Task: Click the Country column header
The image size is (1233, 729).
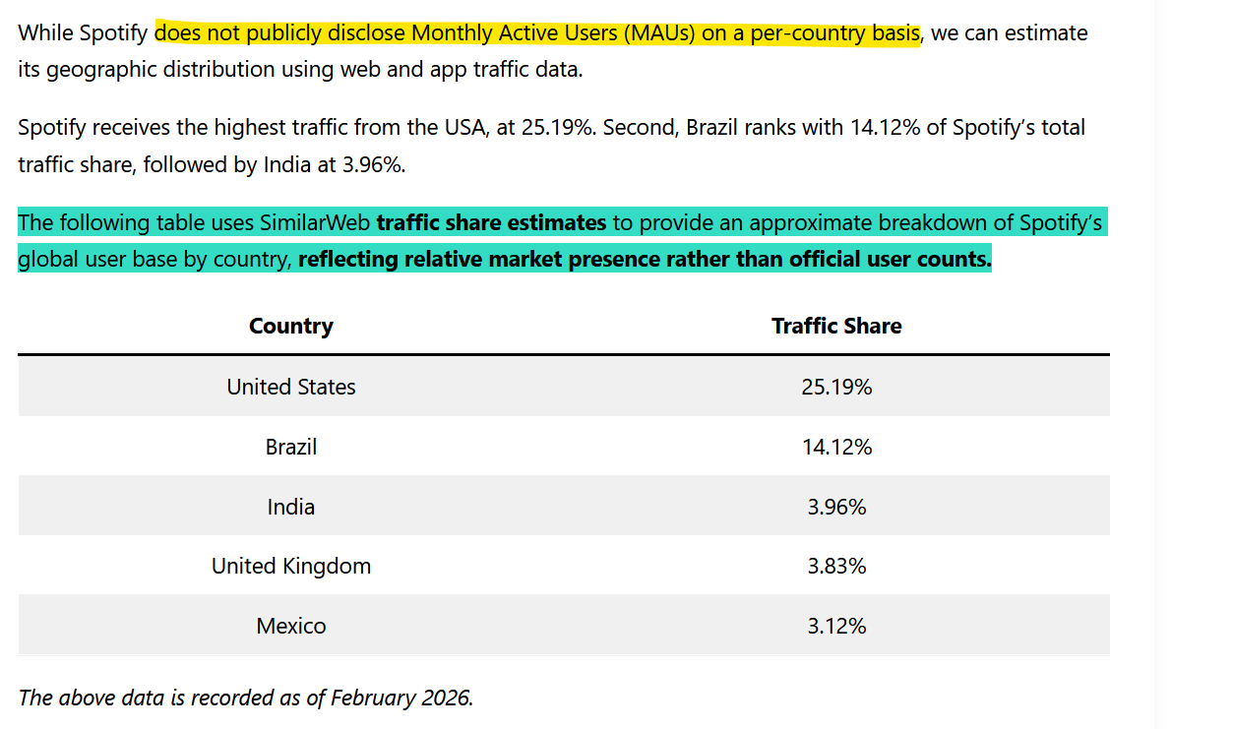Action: pyautogui.click(x=290, y=326)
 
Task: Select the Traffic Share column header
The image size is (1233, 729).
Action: pyautogui.click(x=836, y=326)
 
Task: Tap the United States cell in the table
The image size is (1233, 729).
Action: pyautogui.click(x=290, y=387)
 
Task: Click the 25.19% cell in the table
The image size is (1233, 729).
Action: pyautogui.click(x=836, y=387)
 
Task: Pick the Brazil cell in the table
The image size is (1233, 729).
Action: pyautogui.click(x=290, y=447)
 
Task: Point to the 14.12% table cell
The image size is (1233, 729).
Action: pyautogui.click(x=836, y=447)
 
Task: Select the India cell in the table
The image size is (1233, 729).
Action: pyautogui.click(x=290, y=507)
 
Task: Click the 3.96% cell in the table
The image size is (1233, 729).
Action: pyautogui.click(x=836, y=507)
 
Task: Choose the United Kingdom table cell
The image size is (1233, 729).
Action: pyautogui.click(x=290, y=566)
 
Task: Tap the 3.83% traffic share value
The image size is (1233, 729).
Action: pyautogui.click(x=836, y=566)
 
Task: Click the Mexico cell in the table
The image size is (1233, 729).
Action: pyautogui.click(x=290, y=626)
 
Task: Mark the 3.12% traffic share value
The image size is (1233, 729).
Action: pyautogui.click(x=836, y=626)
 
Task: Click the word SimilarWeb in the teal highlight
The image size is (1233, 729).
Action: pyautogui.click(x=314, y=222)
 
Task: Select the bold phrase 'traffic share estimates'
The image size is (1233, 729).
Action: pyautogui.click(x=491, y=222)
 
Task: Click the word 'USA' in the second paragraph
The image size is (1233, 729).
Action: pyautogui.click(x=466, y=128)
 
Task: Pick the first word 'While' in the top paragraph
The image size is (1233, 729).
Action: pyautogui.click(x=45, y=33)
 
